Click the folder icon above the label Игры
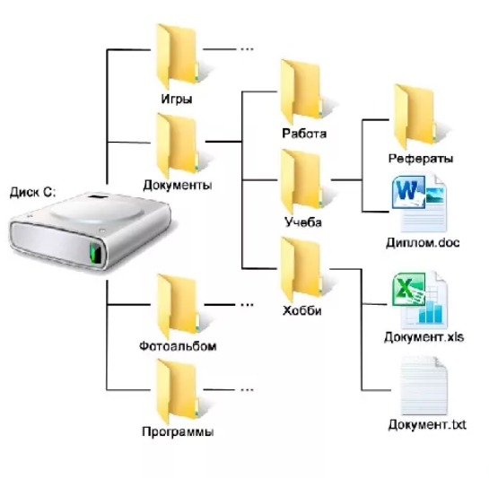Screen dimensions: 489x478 (x=177, y=56)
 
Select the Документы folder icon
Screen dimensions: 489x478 (x=177, y=145)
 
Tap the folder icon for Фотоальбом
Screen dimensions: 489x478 (x=178, y=306)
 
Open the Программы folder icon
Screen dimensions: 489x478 (x=177, y=391)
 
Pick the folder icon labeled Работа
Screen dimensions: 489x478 (x=301, y=92)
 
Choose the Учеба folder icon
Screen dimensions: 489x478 (x=301, y=181)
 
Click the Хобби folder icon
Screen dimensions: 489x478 (x=301, y=270)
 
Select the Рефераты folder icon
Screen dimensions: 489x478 (x=415, y=117)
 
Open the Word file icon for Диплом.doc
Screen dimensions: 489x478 (x=419, y=204)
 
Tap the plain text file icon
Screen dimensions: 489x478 (x=424, y=386)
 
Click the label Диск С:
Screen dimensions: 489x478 (x=32, y=192)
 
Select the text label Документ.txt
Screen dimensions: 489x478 (x=427, y=425)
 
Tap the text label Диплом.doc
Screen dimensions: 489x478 (x=423, y=242)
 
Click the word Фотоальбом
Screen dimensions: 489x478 (x=178, y=346)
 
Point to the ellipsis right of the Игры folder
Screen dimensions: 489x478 (x=247, y=49)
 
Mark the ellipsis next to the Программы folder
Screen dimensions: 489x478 (x=247, y=389)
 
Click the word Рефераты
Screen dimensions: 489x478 (x=421, y=159)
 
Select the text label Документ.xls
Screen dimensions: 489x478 (x=424, y=337)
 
